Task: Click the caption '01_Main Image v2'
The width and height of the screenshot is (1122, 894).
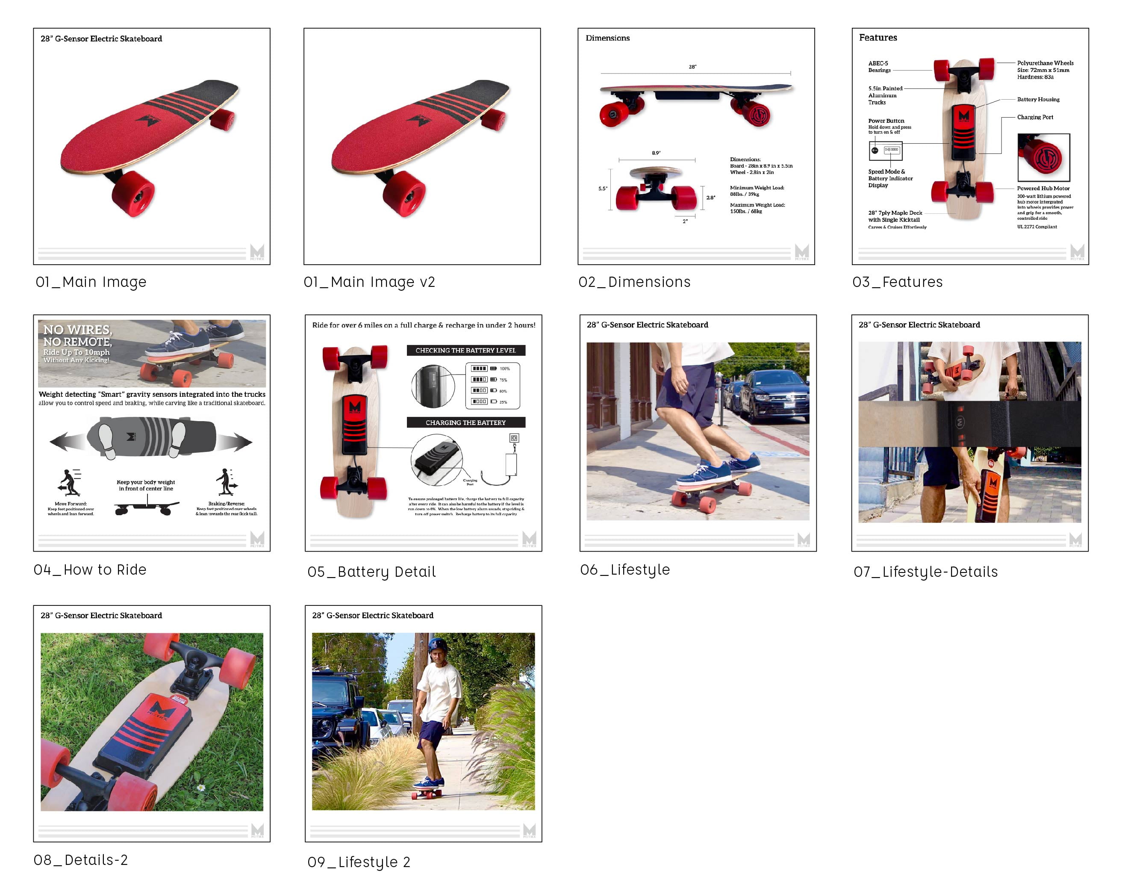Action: click(x=369, y=282)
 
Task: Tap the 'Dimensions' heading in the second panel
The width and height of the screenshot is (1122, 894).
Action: click(x=607, y=38)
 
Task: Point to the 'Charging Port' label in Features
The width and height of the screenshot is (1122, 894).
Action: click(x=1034, y=117)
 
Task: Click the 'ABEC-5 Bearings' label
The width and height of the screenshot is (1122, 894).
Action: click(x=879, y=67)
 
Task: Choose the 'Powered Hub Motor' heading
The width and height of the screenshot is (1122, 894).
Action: click(x=1043, y=189)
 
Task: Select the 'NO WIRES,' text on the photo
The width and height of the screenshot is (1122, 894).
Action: click(x=77, y=330)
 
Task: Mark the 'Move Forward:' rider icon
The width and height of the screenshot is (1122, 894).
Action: click(x=69, y=482)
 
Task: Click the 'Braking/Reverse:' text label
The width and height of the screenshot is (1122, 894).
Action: click(x=227, y=504)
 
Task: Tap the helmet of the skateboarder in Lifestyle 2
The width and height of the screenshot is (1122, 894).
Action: click(x=437, y=646)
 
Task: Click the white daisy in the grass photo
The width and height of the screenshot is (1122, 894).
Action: click(x=201, y=788)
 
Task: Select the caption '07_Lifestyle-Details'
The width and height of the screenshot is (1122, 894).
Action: click(x=925, y=572)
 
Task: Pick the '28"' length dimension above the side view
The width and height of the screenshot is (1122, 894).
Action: click(x=692, y=67)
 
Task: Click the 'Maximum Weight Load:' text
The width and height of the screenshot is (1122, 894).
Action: click(x=757, y=205)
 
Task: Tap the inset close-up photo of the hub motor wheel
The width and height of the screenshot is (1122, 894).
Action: click(x=1043, y=157)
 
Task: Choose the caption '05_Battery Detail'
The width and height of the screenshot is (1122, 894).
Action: click(x=371, y=572)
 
